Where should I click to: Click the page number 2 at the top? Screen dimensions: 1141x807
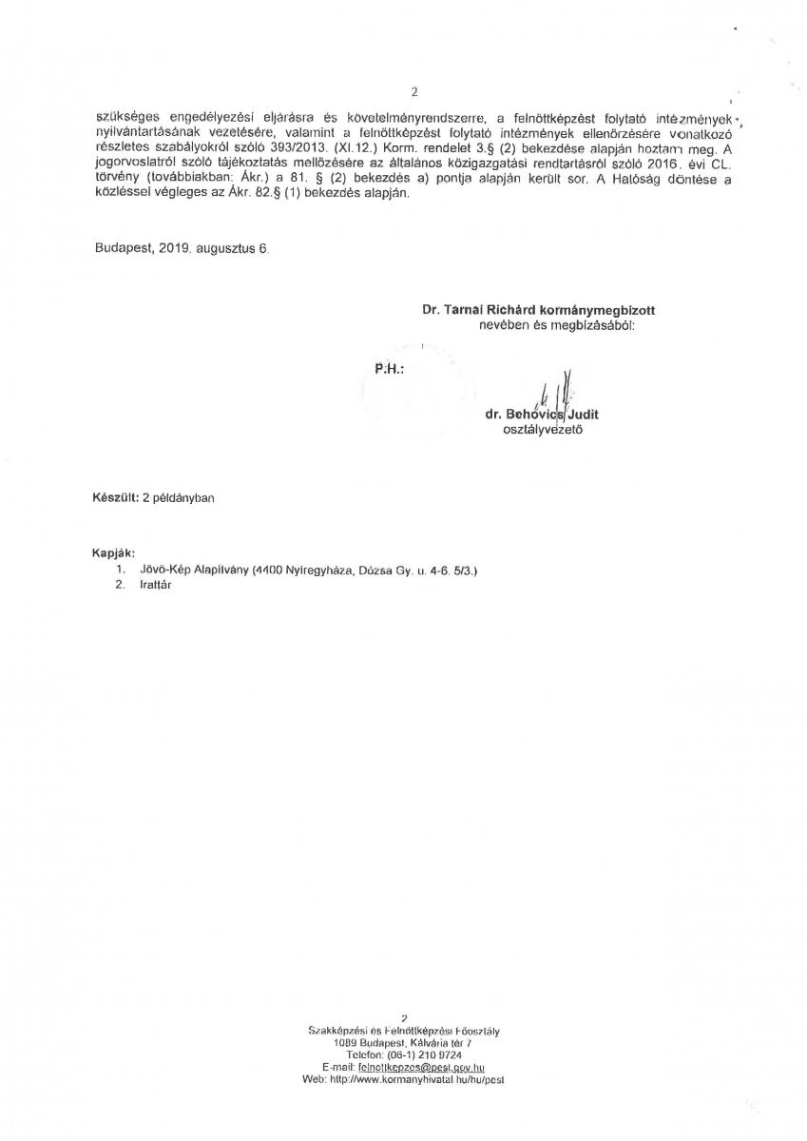point(414,92)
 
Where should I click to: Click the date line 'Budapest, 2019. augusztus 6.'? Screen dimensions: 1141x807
point(183,247)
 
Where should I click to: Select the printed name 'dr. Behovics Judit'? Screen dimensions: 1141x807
point(542,415)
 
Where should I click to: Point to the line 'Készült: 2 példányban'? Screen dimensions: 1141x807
point(153,498)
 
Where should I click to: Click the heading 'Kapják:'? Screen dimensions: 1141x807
point(113,552)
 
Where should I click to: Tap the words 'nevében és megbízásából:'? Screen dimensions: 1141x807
point(556,324)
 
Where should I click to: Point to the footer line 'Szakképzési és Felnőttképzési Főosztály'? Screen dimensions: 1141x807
point(404,1031)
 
